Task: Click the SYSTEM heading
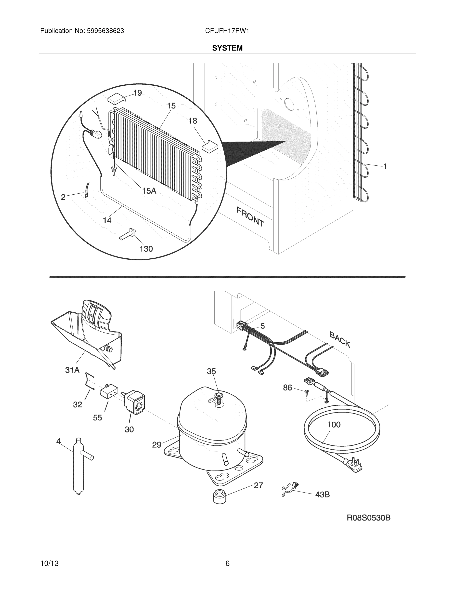[227, 48]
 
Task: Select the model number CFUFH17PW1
[227, 31]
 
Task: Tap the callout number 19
[137, 93]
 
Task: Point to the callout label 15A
[149, 191]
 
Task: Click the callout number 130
[146, 249]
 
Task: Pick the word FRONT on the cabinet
[250, 216]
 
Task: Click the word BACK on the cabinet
[340, 340]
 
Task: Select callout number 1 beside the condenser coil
[385, 166]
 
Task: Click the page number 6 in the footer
[227, 563]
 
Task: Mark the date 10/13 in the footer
[49, 563]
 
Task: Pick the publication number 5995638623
[105, 31]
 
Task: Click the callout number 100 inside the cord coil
[334, 425]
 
